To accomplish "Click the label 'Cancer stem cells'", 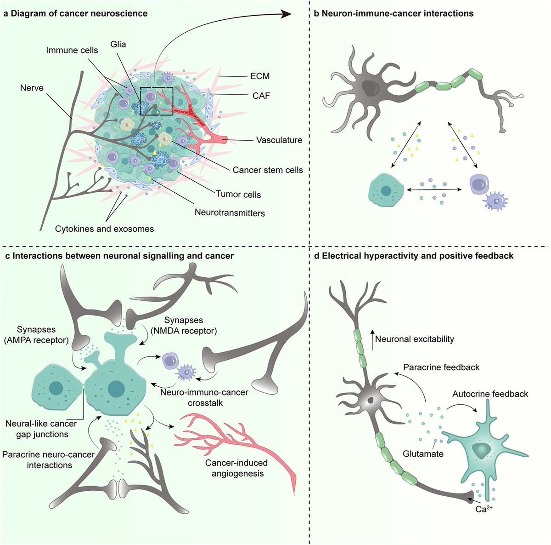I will [268, 170].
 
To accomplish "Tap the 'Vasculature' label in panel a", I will [279, 140].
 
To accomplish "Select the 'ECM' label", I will [260, 76].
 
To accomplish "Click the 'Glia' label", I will [118, 44].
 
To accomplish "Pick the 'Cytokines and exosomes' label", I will [104, 229].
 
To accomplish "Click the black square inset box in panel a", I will [156, 101].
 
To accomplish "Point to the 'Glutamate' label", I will [423, 454].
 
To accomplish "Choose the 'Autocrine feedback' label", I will [490, 394].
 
